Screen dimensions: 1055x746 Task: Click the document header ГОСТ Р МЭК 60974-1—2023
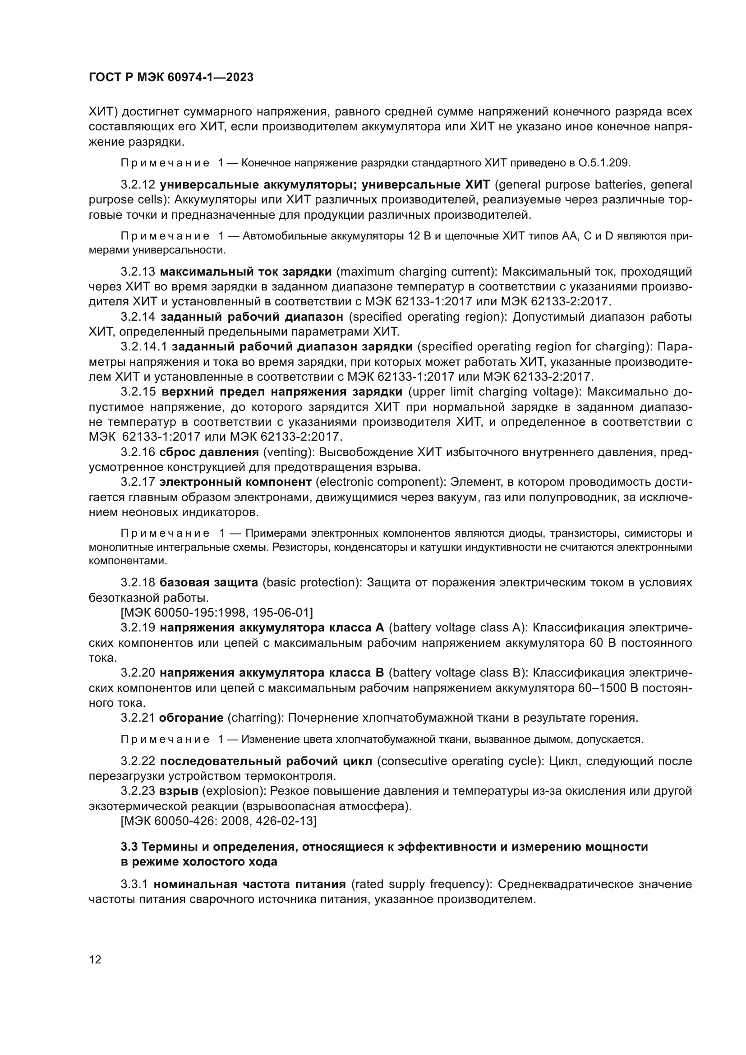[171, 77]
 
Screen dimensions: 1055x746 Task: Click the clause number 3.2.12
[138, 185]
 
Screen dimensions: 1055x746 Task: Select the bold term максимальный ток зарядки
[246, 272]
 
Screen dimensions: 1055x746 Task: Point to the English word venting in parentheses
[288, 452]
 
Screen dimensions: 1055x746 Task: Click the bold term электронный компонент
[235, 482]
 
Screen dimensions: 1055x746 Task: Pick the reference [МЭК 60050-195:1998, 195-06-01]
[216, 613]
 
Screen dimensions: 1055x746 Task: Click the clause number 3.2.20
[138, 673]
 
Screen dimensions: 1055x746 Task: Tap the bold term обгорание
[191, 718]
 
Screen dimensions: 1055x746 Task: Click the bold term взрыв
[178, 791]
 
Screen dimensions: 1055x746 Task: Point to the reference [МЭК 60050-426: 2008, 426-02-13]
[218, 820]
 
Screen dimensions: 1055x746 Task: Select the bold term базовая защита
[208, 583]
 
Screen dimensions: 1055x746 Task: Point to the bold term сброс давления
[208, 452]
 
